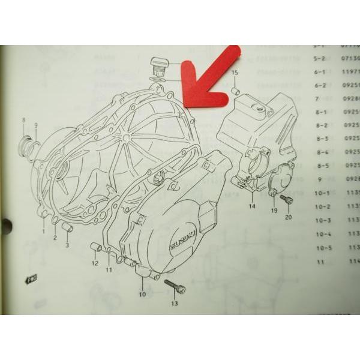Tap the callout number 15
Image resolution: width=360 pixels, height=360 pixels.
pos(235,73)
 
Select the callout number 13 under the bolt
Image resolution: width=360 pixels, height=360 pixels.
pos(174,304)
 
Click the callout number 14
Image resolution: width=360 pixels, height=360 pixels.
pos(252,206)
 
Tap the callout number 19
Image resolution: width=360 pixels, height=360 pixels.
pos(273,211)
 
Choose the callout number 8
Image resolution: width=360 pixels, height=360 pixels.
pos(24,121)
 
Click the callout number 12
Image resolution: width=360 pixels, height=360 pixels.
pos(95,263)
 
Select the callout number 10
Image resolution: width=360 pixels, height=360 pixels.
pos(142,295)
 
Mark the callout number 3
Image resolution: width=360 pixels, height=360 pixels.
pos(67,245)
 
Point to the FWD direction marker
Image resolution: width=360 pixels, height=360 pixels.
pos(29,279)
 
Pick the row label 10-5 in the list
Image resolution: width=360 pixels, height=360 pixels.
pos(324,247)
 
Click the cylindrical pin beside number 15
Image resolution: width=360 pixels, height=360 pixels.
pos(235,91)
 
